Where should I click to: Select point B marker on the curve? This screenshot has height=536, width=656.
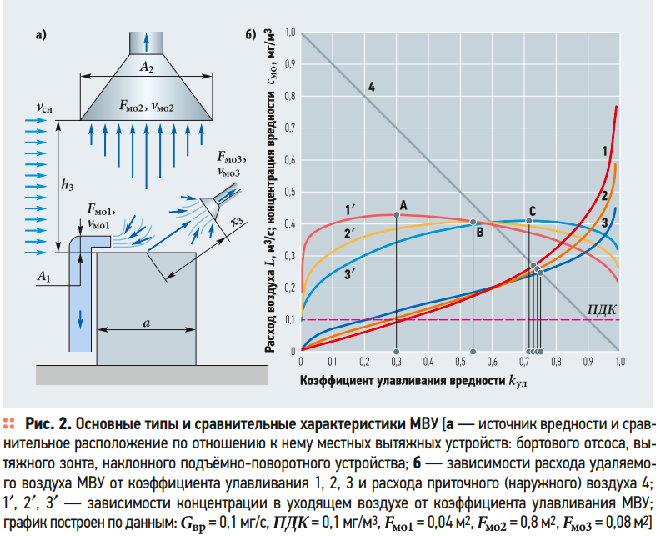[x=473, y=223]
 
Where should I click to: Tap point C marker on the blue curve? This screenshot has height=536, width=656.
[x=529, y=221]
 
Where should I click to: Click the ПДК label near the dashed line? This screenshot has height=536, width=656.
[x=602, y=308]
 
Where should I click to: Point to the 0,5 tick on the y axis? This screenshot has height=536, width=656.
[x=291, y=192]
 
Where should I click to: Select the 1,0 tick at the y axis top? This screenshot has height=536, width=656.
[x=291, y=33]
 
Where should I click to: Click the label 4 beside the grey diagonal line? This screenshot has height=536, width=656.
[x=371, y=87]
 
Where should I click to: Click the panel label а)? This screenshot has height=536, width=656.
[x=40, y=35]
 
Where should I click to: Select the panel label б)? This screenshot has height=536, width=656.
[x=249, y=35]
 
